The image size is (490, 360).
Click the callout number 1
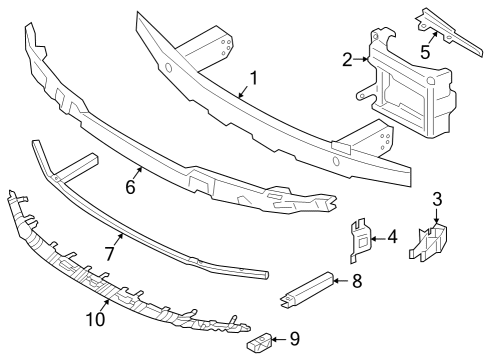coord(254,77)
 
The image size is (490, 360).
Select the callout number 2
coord(348,60)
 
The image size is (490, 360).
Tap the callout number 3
coord(437,200)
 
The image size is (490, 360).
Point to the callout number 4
coord(392,237)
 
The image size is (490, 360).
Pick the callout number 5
coord(426,50)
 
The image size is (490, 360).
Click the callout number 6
coord(131,186)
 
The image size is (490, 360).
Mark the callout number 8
coord(356,281)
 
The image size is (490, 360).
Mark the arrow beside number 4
coord(377,238)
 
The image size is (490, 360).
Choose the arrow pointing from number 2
coord(363,60)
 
